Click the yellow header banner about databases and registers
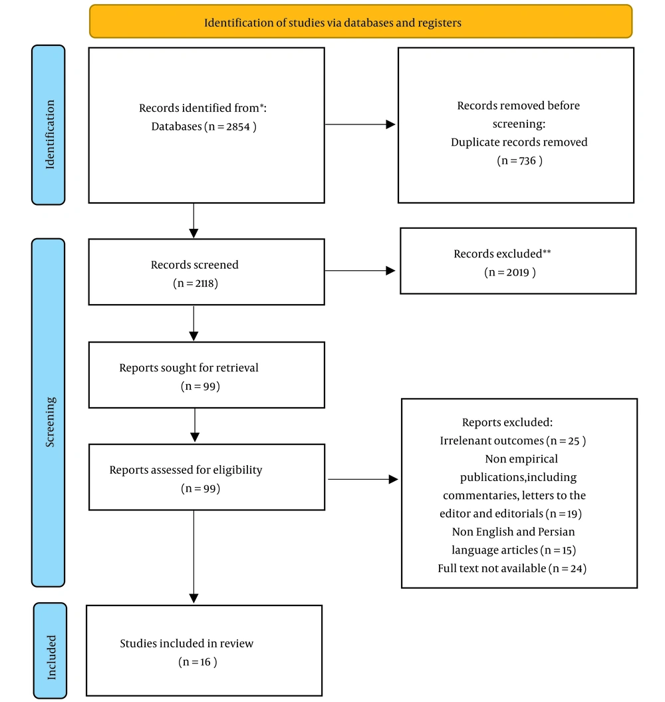pyautogui.click(x=360, y=21)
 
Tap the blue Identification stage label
pyautogui.click(x=49, y=125)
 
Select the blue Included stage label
pyautogui.click(x=50, y=650)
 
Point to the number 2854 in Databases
pyautogui.click(x=238, y=126)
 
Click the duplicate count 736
pyautogui.click(x=527, y=161)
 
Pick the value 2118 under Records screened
pyautogui.click(x=203, y=283)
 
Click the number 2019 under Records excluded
pyautogui.click(x=518, y=272)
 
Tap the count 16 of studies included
pyautogui.click(x=205, y=662)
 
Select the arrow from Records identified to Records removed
pyautogui.click(x=360, y=124)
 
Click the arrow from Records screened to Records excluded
pyautogui.click(x=360, y=270)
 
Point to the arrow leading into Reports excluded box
pyautogui.click(x=363, y=480)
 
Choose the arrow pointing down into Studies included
pyautogui.click(x=194, y=556)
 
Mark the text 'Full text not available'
pyautogui.click(x=492, y=568)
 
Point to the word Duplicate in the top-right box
pyautogui.click(x=474, y=142)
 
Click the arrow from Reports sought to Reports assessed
pyautogui.click(x=195, y=425)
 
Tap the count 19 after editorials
pyautogui.click(x=573, y=514)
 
